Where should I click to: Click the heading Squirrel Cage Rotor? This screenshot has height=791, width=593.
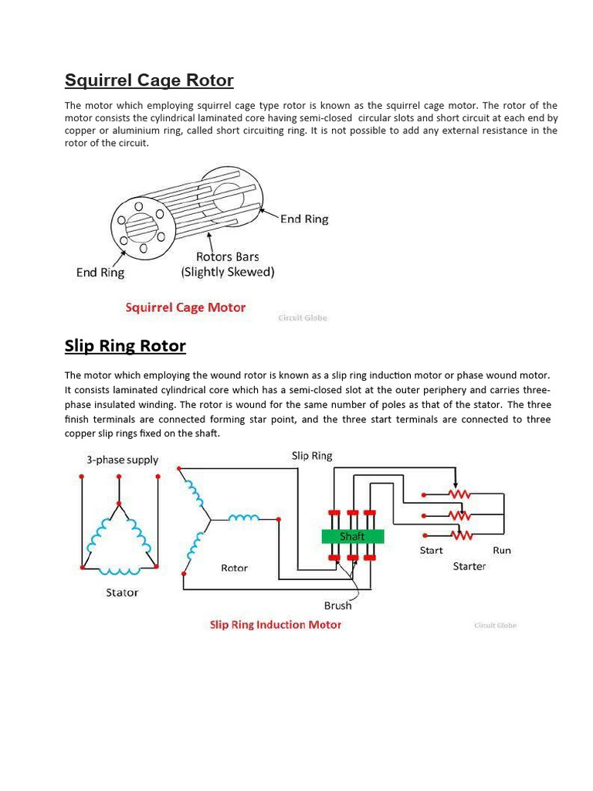149,80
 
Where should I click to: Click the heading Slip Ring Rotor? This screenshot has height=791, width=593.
125,345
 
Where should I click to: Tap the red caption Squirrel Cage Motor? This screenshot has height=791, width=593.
185,307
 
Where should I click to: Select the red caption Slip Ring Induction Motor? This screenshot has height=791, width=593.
275,624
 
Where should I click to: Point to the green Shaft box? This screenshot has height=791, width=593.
352,536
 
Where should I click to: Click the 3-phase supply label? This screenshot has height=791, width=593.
122,460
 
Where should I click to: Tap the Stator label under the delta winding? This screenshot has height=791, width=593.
121,592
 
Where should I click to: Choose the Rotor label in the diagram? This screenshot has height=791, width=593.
234,568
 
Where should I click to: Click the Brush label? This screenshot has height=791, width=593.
337,606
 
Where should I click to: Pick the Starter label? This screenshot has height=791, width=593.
469,566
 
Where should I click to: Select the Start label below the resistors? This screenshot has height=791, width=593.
431,550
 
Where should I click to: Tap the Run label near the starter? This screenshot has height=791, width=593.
501,550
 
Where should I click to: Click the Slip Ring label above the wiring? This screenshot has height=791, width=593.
312,456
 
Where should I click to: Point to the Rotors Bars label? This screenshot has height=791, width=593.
227,256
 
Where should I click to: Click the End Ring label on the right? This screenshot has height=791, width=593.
303,219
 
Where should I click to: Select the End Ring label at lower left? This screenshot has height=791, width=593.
100,273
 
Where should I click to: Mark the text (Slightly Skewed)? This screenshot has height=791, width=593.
227,272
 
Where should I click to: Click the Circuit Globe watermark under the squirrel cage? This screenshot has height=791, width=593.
302,317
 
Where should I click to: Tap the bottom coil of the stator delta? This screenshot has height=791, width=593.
119,571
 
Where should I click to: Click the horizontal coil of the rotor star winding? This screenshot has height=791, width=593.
244,518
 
